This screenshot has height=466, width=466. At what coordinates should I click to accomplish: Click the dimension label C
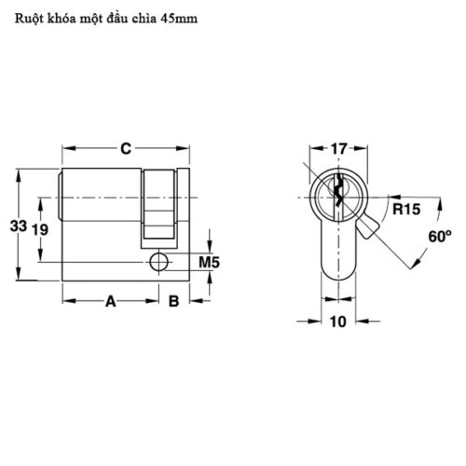pos(124,147)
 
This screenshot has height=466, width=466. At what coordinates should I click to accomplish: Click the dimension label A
pos(109,301)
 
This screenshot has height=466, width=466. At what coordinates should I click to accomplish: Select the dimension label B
pos(173,301)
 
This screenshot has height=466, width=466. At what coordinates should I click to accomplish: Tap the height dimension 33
pos(16,226)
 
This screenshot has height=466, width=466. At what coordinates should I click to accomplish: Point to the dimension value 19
pos(39,229)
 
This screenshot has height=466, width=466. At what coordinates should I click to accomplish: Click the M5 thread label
pos(210,264)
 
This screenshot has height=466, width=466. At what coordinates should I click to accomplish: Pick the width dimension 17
pos(339,148)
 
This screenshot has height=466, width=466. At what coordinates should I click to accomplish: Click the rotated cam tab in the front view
pos(373,226)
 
